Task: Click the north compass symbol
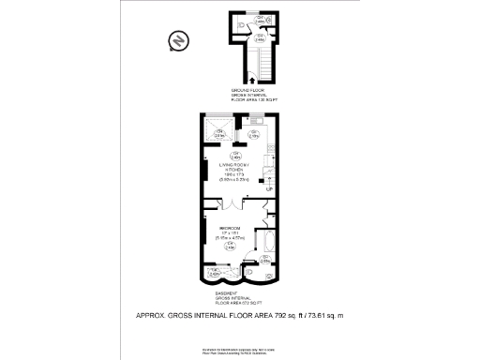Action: pyautogui.click(x=175, y=40)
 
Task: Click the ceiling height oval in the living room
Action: pyautogui.click(x=237, y=156)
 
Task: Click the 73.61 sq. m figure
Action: pyautogui.click(x=314, y=315)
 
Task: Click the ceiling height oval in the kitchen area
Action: pyautogui.click(x=254, y=133)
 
